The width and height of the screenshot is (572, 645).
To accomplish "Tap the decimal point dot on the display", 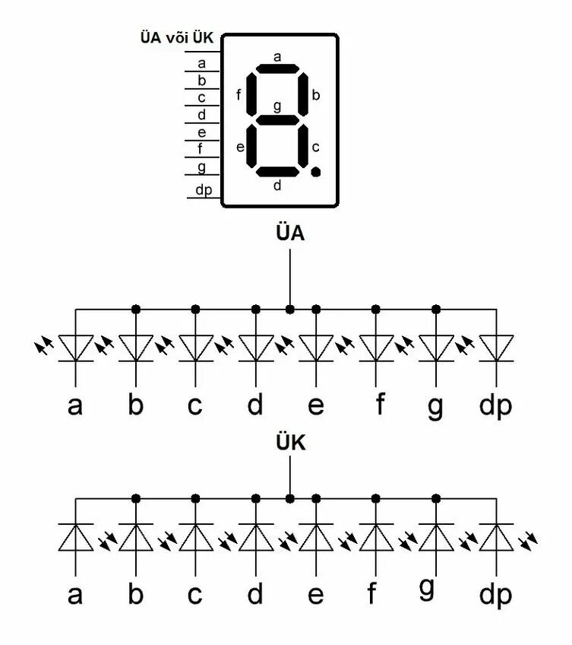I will (x=316, y=172).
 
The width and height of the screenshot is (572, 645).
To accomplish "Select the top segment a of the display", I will (x=277, y=69).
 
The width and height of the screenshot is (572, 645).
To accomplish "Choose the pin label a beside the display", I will (x=201, y=64).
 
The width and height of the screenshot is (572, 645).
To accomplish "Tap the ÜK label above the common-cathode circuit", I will (x=289, y=443).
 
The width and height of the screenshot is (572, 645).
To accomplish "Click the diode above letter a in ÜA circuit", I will (x=75, y=348).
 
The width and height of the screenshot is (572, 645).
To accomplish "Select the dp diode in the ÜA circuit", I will (x=497, y=348).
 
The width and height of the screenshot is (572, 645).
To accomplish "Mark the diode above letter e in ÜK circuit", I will (x=316, y=537).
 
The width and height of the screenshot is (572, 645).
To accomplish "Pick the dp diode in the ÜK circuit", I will (x=497, y=537).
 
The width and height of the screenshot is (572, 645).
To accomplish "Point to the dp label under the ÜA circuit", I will (x=495, y=406).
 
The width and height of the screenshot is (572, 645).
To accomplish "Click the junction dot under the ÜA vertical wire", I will (x=289, y=310).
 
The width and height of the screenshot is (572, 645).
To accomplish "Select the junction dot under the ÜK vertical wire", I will (x=289, y=498).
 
